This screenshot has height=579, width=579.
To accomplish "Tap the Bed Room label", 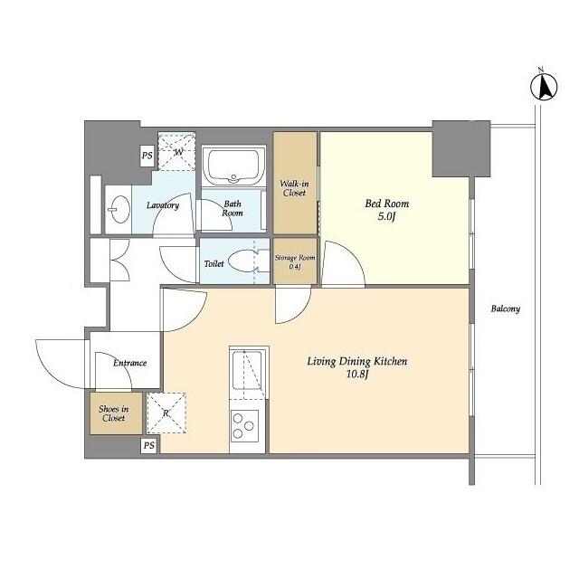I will pos(381,204).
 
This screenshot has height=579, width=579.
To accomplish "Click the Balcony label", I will pos(505,308).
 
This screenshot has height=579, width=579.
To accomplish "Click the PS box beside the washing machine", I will pos(147,157).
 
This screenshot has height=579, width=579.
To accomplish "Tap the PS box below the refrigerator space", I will pos(148,446).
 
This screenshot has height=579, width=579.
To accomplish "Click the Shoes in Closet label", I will pos(113,413).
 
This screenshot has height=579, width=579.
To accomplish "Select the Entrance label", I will pos(129,363).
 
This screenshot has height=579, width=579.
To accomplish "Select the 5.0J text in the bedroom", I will pos(381,217).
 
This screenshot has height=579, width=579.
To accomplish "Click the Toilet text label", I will pos(214,264).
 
